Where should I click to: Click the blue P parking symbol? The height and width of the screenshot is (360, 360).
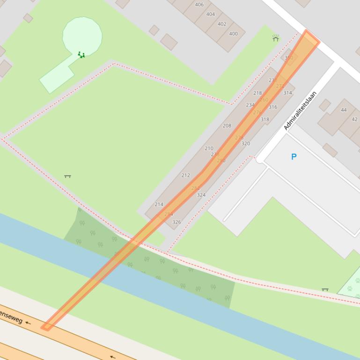pos(294,157)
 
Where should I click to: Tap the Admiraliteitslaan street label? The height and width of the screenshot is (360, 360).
pos(300,110)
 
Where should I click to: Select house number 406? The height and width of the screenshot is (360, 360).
pos(199,5)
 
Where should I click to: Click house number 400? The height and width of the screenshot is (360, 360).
pos(233,34)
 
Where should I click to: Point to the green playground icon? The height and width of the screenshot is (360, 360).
pos(81,55)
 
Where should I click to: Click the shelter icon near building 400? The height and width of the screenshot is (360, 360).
pos(276,38)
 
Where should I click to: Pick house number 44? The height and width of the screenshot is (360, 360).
pos(344,110)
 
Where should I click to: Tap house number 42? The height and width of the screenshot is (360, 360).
pos(354,119)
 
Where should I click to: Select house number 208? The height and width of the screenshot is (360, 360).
pos(227,126)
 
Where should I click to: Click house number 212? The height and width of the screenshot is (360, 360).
pos(185,175)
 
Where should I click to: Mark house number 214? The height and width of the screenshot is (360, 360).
pos(159,204)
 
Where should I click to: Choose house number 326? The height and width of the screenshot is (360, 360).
pos(176,222)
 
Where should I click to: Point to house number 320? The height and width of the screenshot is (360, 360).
pos(245,144)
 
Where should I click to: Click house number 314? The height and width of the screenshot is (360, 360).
pos(287,93)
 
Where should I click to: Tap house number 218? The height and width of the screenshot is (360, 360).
pos(257,93)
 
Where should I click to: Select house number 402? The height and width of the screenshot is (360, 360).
pos(222,24)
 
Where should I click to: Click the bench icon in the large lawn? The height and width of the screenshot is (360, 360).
pos(67,176)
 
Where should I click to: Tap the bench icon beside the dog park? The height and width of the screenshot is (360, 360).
pos(325,290)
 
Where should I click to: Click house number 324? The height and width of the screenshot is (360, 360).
pos(201,195)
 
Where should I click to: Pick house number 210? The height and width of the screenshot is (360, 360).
pos(209,148)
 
